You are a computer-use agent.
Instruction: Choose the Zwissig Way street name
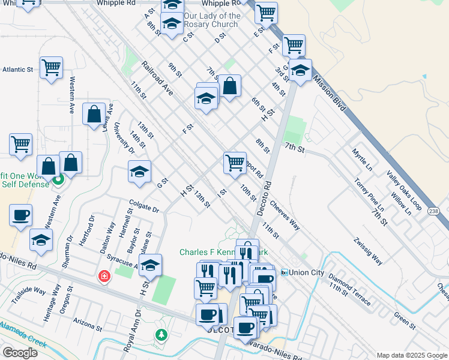pyautogui.click(x=368, y=251)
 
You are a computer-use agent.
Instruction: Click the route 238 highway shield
pyautogui.click(x=434, y=211)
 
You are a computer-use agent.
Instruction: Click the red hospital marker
pyautogui.click(x=104, y=276)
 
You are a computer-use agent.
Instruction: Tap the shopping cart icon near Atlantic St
pyautogui.click(x=51, y=67)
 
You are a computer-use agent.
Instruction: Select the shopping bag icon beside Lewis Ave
pyautogui.click(x=94, y=115)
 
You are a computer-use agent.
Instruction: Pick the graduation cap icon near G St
pyautogui.click(x=139, y=172)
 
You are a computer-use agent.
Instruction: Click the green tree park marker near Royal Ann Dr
pyautogui.click(x=161, y=335)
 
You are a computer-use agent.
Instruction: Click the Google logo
pyautogui.click(x=19, y=353)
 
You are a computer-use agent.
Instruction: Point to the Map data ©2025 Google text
pyautogui.click(x=411, y=355)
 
